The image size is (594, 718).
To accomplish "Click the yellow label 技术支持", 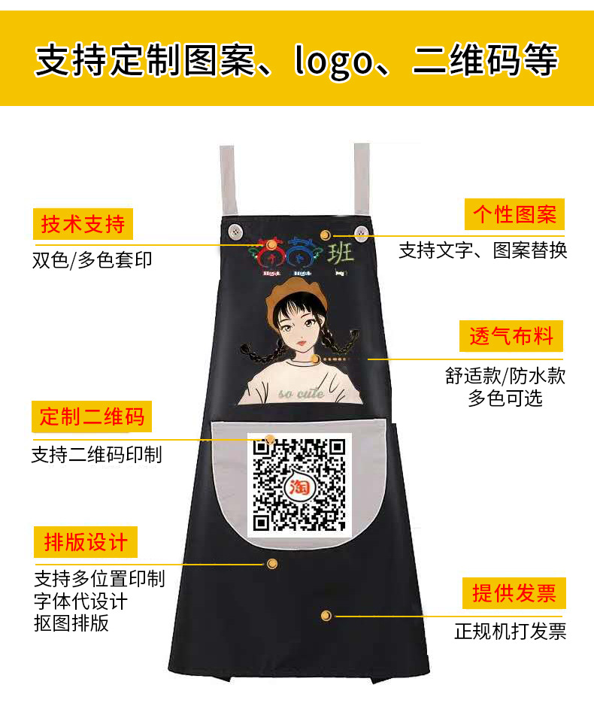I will [83, 224].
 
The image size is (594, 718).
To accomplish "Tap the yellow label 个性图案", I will [514, 215].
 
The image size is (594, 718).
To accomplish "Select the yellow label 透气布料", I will [511, 336].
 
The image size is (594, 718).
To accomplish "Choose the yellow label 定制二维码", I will [92, 417].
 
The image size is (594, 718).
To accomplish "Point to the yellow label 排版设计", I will [86, 541].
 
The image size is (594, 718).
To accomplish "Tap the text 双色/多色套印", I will [92, 260].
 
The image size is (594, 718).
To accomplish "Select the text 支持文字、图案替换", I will [483, 250].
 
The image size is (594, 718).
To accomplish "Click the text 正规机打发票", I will [510, 631].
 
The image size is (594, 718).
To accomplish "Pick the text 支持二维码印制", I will [96, 454].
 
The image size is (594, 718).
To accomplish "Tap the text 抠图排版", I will [71, 623].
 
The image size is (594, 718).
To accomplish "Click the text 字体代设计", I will [81, 601].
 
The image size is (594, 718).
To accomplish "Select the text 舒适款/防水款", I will [505, 376].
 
